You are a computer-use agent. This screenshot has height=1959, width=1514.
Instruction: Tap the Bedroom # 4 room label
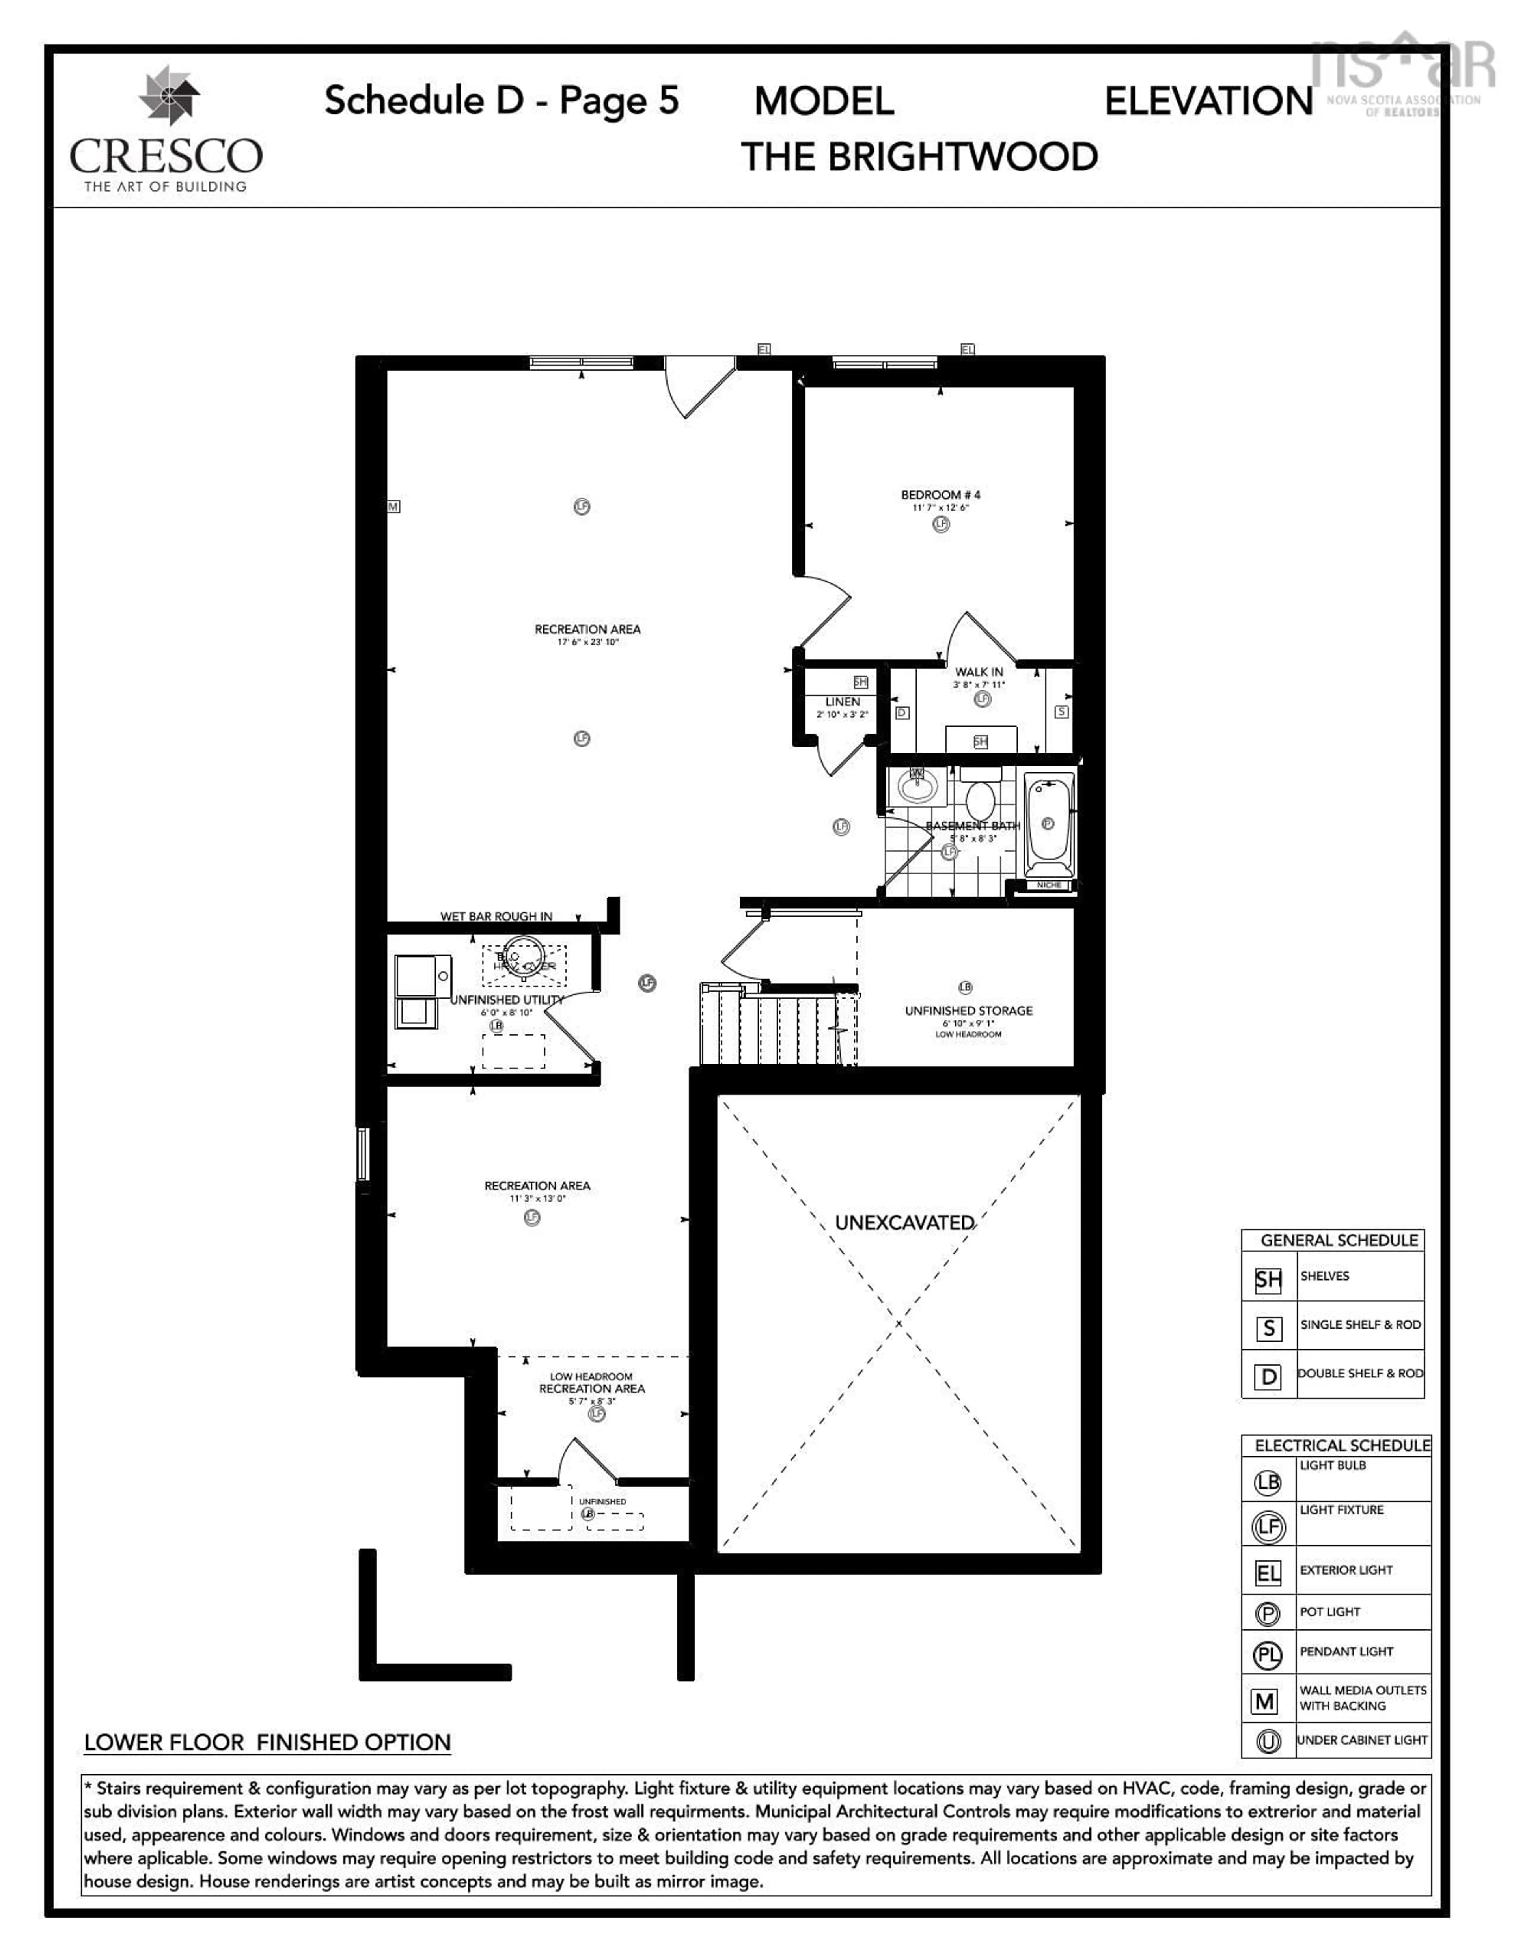click(940, 494)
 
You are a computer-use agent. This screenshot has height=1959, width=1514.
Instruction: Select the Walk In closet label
click(979, 672)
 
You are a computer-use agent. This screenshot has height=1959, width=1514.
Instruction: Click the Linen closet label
click(842, 701)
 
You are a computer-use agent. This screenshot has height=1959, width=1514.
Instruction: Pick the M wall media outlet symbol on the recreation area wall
click(393, 507)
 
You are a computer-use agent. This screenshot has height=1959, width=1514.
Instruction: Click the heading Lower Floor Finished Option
click(267, 1743)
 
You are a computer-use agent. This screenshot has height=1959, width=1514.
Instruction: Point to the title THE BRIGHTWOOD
click(919, 157)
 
